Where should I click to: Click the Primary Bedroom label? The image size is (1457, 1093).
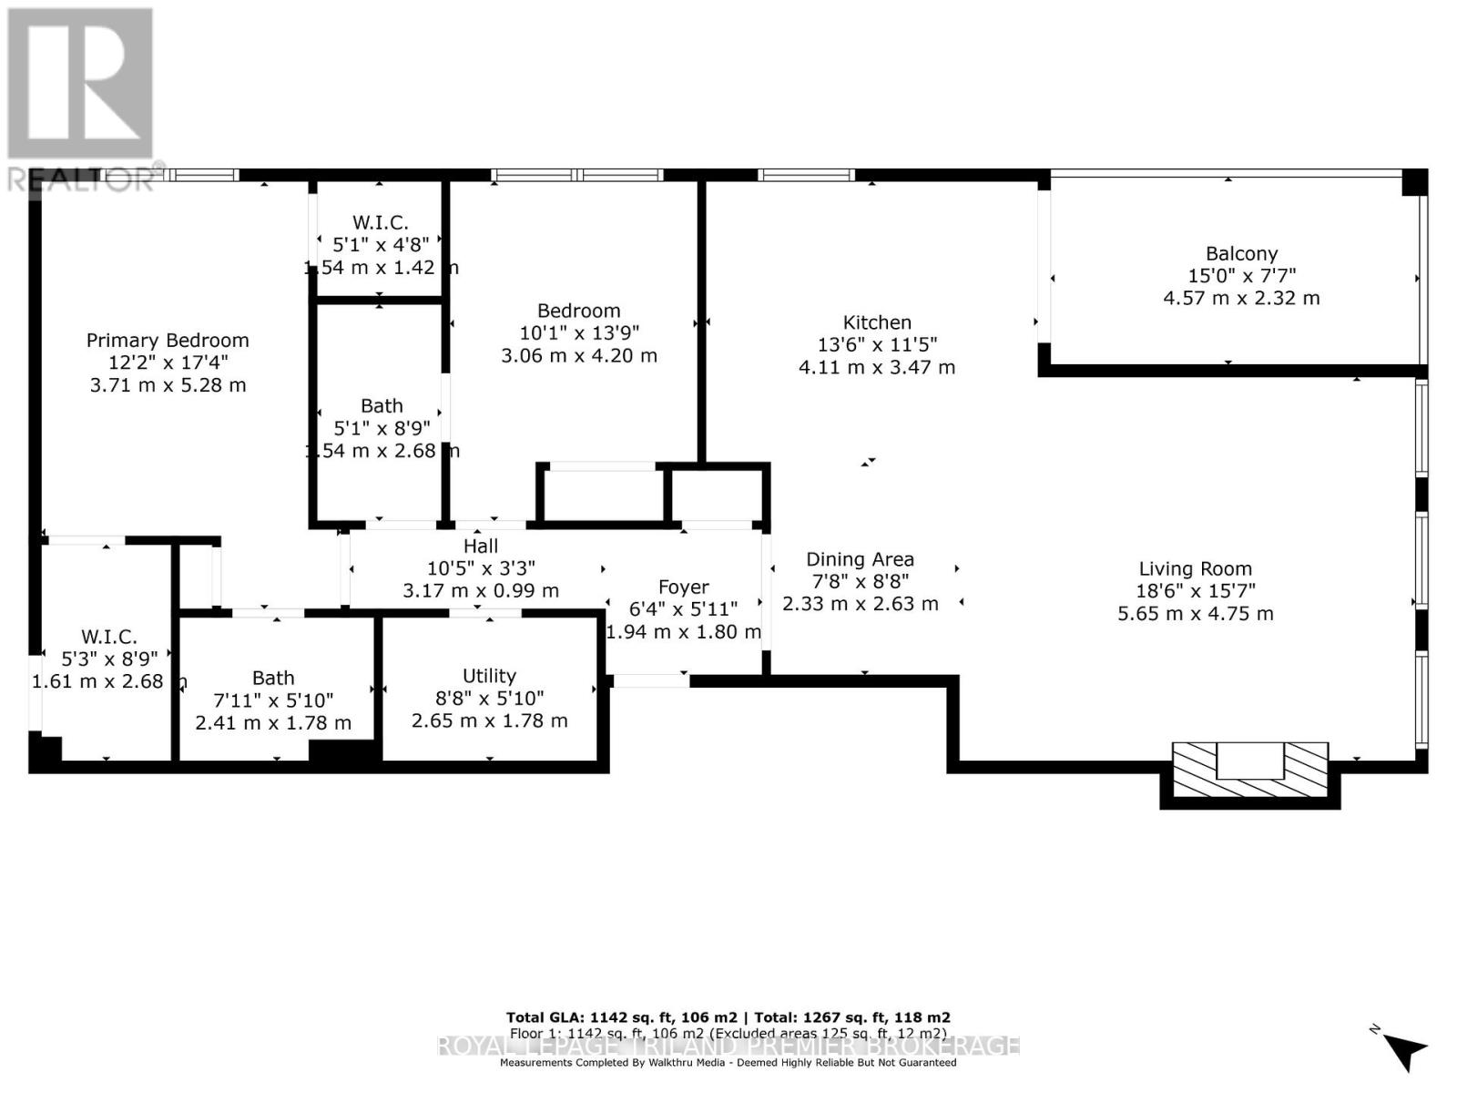pos(168,341)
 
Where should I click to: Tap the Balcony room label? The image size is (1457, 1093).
pos(1241,254)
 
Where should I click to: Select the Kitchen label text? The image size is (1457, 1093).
pos(877,322)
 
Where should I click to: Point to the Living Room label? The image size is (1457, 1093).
pos(1195,569)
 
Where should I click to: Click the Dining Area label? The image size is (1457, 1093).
pos(860,559)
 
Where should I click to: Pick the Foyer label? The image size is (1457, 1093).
pos(683,587)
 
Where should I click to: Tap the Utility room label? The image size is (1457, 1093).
pos(489,676)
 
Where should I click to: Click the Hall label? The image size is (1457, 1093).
pos(481,546)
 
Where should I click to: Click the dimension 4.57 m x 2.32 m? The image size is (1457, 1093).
pos(1241,298)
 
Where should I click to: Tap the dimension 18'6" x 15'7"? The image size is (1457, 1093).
pos(1195,591)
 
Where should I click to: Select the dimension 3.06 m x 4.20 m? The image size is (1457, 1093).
pos(578,355)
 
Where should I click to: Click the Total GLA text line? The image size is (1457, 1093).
pos(728,1017)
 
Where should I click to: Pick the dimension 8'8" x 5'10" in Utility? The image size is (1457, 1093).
pos(489,698)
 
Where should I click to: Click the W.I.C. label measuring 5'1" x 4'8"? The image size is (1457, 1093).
pos(380,222)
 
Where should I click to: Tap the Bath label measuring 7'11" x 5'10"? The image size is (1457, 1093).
pos(273,678)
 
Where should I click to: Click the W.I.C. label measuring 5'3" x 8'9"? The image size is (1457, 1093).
pos(108,637)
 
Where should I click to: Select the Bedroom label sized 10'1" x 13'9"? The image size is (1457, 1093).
pos(578,311)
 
